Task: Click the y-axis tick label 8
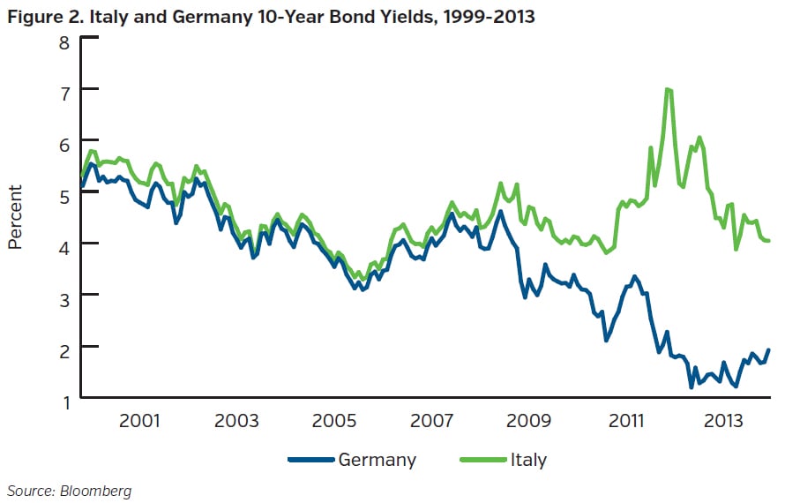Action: click(63, 40)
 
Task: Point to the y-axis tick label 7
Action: click(63, 92)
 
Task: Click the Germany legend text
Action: click(377, 460)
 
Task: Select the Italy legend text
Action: click(528, 460)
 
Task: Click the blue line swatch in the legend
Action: click(310, 460)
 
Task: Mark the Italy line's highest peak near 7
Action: click(668, 89)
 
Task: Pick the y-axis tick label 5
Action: click(63, 194)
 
